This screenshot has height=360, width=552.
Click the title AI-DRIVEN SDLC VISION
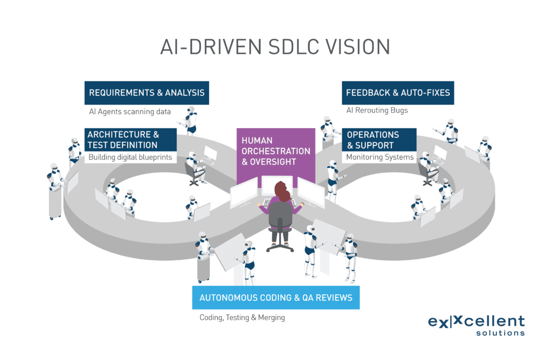(x=275, y=46)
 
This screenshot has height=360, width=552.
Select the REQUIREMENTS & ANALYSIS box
(x=147, y=93)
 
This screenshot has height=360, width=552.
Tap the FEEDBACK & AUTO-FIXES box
(x=398, y=93)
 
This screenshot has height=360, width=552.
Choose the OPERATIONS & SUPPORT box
(x=379, y=140)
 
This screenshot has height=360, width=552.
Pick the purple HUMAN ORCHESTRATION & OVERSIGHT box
(x=275, y=151)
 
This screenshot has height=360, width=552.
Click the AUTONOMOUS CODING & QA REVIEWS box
(x=275, y=297)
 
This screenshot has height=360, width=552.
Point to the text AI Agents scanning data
(x=129, y=112)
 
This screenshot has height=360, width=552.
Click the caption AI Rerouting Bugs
(x=377, y=110)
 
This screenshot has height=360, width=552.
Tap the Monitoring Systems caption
(x=379, y=157)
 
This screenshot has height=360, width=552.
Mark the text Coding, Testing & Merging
(x=242, y=317)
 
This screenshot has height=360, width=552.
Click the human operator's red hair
(x=282, y=191)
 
